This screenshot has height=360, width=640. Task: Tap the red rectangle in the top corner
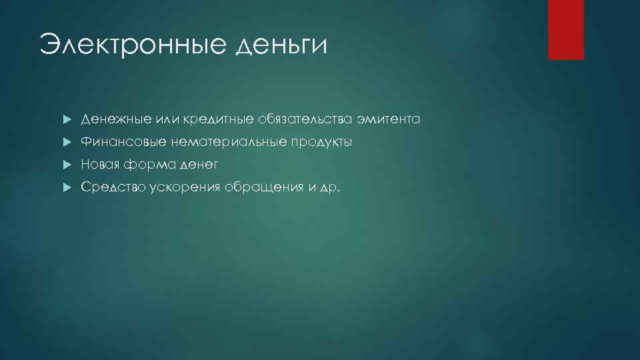[x=565, y=29]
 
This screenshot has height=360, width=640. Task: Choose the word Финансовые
[x=123, y=143]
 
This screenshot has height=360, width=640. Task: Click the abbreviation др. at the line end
[x=331, y=188]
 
